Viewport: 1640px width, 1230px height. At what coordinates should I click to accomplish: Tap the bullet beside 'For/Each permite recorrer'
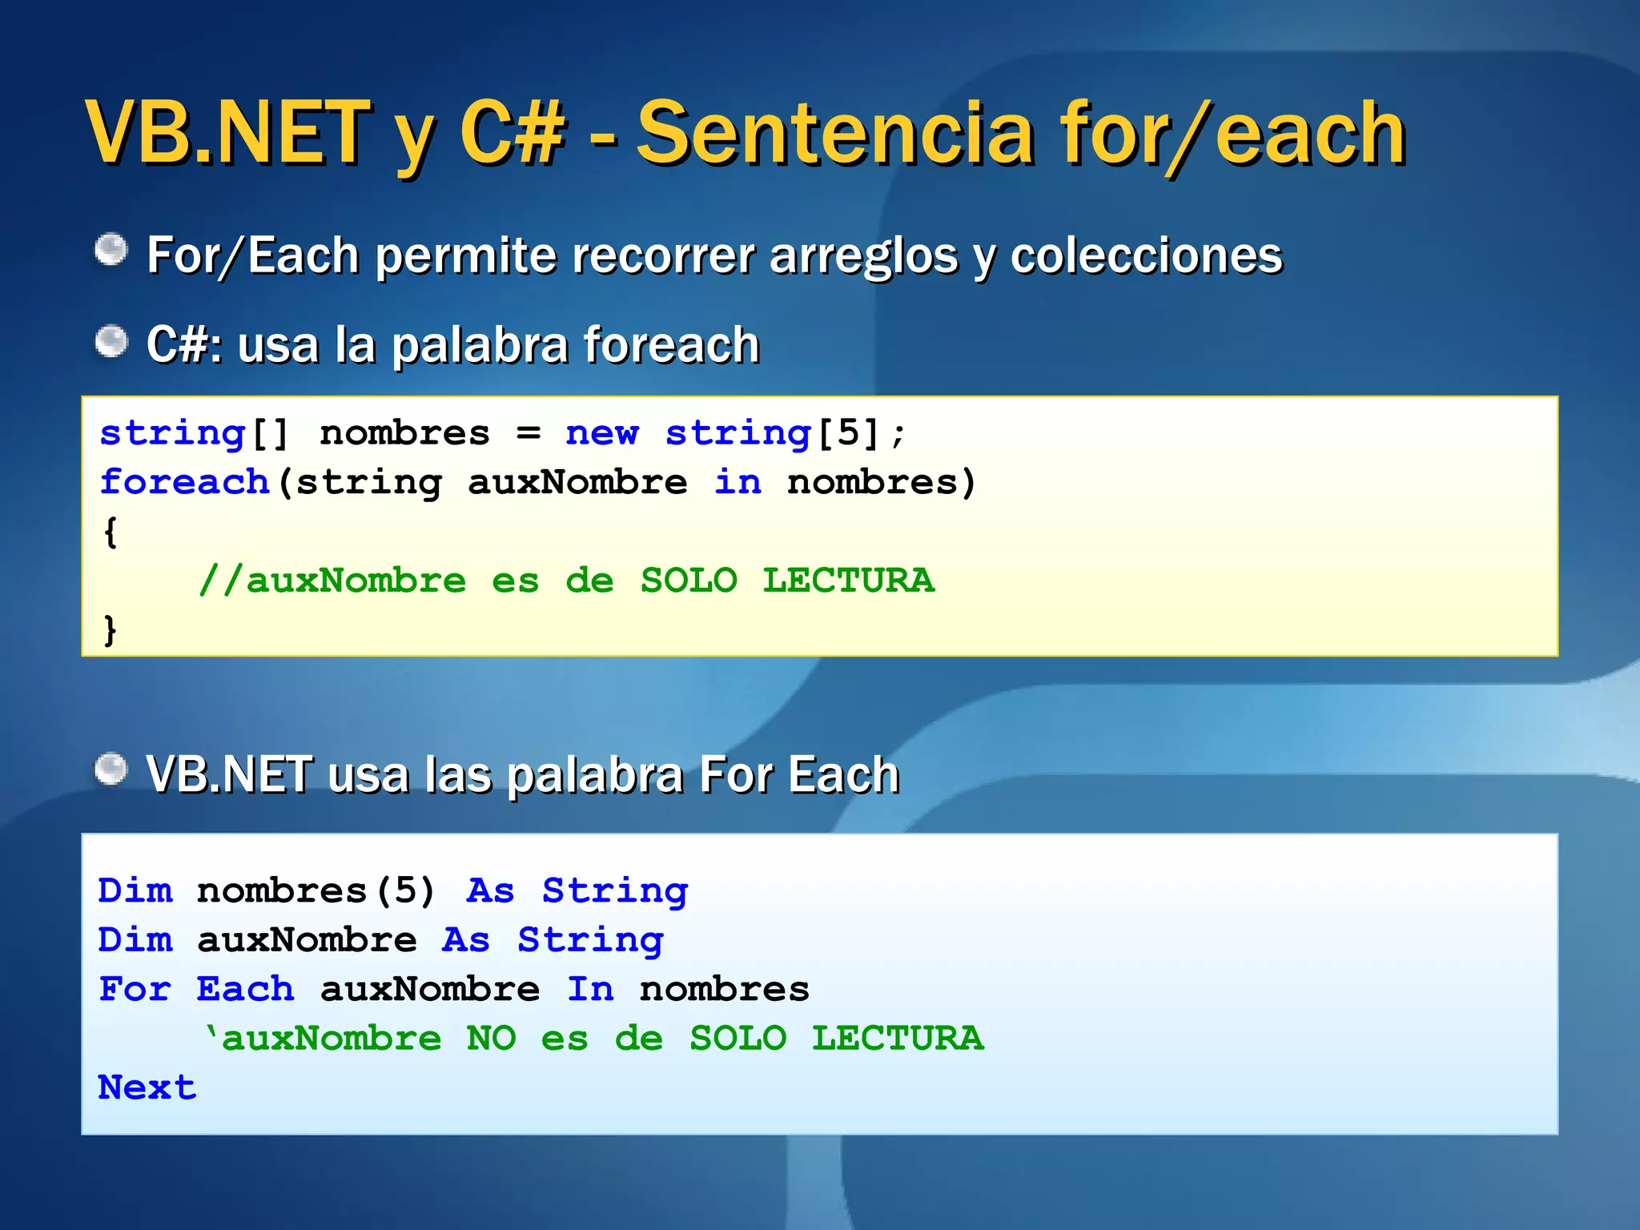[111, 251]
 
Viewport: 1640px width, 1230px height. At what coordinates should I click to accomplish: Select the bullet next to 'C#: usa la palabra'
[111, 343]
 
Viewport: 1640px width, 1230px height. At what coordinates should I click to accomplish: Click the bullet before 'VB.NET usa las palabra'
[111, 770]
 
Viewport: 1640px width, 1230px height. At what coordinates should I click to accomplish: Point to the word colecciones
[1147, 256]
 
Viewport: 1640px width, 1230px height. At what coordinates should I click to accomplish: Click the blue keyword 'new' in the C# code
[601, 433]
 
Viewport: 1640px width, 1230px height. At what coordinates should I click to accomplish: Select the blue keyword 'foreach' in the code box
[184, 482]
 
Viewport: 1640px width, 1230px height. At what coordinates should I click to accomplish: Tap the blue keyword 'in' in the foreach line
[738, 482]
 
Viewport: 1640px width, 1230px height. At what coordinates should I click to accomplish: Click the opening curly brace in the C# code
[111, 533]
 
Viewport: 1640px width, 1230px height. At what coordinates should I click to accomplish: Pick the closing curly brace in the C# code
[111, 630]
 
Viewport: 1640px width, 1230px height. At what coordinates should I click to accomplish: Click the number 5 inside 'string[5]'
[848, 433]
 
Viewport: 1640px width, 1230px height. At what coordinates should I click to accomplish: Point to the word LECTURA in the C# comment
[848, 581]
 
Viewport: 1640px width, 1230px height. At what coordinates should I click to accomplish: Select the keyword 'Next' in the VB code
[147, 1087]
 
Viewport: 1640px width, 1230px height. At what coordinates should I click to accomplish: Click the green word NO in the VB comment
[491, 1039]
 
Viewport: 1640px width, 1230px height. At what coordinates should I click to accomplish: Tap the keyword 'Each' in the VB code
[245, 990]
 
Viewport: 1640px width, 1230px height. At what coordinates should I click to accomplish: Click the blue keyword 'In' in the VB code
[590, 990]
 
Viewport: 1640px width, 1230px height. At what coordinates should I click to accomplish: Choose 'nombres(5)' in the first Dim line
[316, 891]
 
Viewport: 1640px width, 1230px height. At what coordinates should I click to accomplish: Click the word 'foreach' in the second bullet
[671, 346]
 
